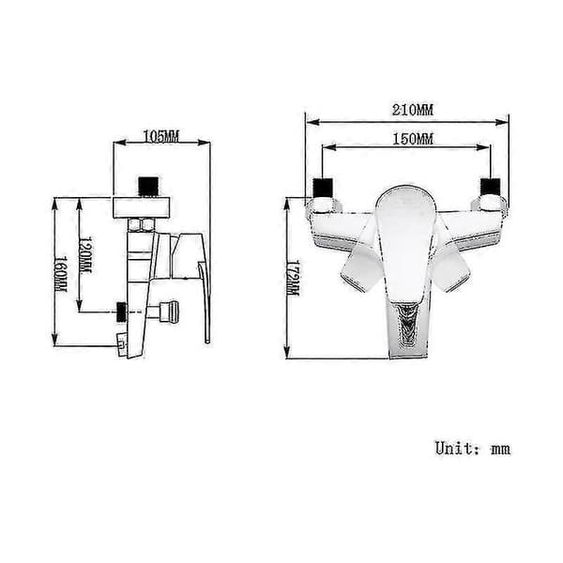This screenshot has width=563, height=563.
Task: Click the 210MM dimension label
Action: point(413,110)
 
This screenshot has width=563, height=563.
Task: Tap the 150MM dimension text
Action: point(413,139)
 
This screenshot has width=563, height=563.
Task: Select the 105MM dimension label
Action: point(160,136)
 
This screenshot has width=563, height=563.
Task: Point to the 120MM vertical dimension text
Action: point(85,254)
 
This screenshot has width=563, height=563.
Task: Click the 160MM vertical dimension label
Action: point(60,274)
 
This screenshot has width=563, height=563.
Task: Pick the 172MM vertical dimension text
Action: point(293,279)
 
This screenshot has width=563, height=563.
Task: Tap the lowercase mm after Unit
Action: point(500,449)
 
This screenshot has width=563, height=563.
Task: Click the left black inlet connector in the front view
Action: point(323,188)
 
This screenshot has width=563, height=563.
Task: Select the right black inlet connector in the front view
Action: point(491,188)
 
